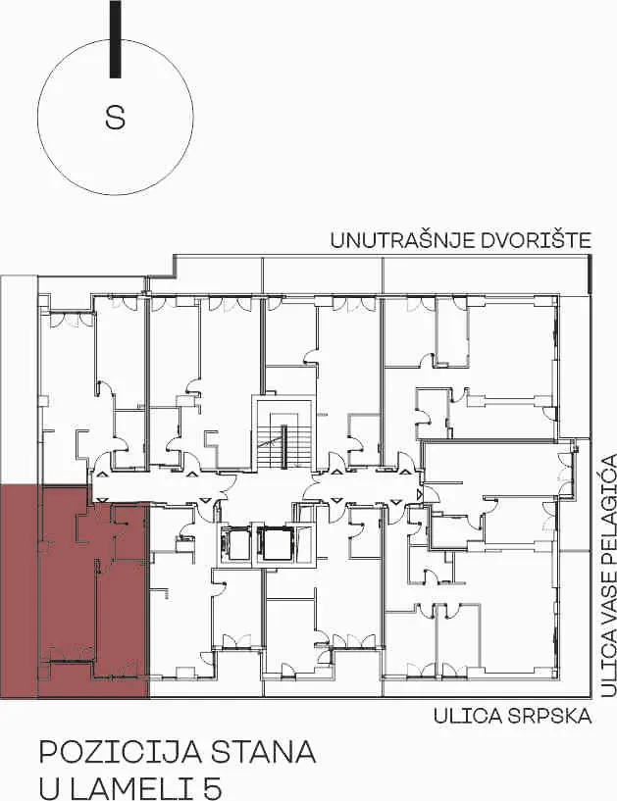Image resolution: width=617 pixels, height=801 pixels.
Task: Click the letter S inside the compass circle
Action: (115, 118)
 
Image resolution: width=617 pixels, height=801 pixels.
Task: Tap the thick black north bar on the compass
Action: (116, 39)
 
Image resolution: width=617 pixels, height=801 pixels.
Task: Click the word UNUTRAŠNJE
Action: (394, 240)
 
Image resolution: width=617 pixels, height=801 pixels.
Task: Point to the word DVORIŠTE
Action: (529, 240)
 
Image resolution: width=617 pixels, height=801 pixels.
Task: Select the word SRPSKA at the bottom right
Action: (550, 716)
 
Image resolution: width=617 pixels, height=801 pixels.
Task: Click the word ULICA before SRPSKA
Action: (468, 716)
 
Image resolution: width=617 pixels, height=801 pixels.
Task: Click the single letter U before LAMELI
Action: (50, 788)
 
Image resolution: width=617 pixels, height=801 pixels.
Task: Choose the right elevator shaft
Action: (276, 544)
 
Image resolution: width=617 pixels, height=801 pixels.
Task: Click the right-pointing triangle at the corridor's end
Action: (420, 494)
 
